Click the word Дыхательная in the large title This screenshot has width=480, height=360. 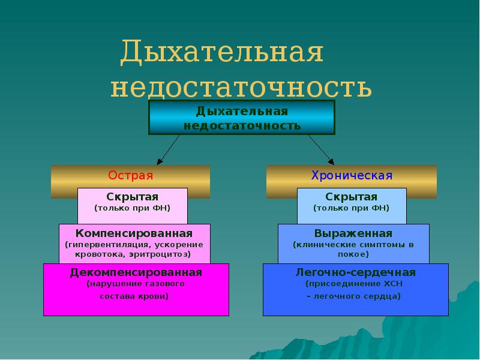pyautogui.click(x=222, y=54)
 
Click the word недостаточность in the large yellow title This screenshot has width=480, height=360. pyautogui.click(x=241, y=88)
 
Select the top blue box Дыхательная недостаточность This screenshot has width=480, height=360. pyautogui.click(x=242, y=118)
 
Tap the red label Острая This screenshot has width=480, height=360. pyautogui.click(x=131, y=176)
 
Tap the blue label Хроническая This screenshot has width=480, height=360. pyautogui.click(x=352, y=176)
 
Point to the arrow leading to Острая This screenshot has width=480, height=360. pyautogui.click(x=168, y=149)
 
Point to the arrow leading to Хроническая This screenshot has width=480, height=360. pyautogui.click(x=321, y=149)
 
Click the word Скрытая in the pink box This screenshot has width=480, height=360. pyautogui.click(x=133, y=197)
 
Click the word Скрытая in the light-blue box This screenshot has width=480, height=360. pyautogui.click(x=352, y=197)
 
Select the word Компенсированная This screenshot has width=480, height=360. pyautogui.click(x=134, y=233)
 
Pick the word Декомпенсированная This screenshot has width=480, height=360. pyautogui.click(x=136, y=272)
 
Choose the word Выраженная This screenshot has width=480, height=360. pyautogui.click(x=353, y=233)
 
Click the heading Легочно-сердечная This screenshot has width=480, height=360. pyautogui.click(x=356, y=272)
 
